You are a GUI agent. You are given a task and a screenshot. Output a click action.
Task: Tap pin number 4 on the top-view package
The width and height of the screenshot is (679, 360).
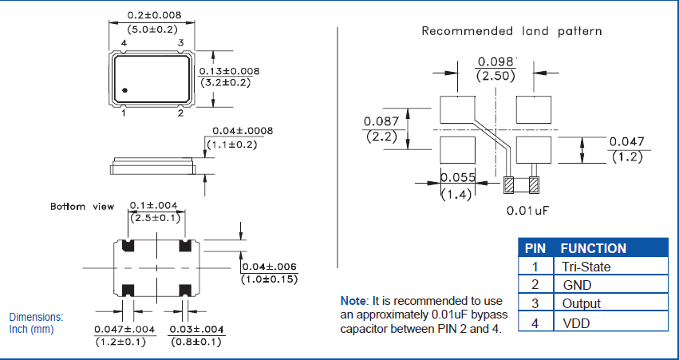(124, 43)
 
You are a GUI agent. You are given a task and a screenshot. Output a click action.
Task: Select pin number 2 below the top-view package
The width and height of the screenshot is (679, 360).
(180, 113)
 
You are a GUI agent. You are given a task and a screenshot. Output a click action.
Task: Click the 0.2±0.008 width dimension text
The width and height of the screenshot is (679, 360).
(155, 15)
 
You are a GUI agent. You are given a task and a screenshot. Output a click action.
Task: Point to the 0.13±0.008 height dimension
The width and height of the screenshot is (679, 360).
(229, 71)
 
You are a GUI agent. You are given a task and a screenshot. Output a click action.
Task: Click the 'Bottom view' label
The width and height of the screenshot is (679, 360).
(82, 206)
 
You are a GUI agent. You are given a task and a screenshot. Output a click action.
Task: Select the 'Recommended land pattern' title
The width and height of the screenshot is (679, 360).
(511, 31)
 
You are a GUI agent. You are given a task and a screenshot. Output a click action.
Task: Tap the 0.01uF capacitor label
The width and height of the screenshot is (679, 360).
(527, 211)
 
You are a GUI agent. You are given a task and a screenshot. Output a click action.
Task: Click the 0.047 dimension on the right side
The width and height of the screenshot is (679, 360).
(626, 142)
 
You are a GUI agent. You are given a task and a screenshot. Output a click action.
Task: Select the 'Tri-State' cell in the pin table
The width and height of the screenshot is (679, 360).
(586, 267)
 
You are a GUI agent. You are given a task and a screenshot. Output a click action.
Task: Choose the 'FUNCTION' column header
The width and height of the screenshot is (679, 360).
(593, 248)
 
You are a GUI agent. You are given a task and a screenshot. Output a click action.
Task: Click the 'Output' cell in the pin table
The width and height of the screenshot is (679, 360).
(582, 303)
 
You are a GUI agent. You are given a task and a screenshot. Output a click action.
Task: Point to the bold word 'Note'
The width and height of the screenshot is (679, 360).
(353, 301)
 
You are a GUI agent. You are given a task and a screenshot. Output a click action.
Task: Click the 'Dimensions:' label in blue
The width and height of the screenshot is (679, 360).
(36, 317)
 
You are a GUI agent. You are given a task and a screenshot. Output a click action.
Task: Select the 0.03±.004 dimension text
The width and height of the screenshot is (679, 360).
(196, 330)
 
